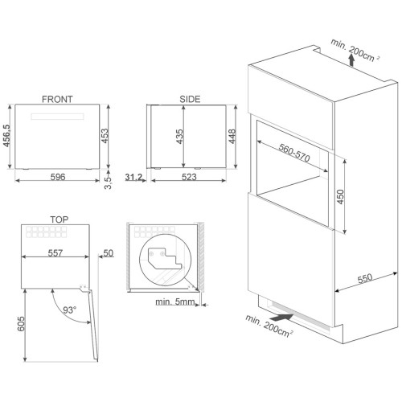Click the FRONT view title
(x=57, y=99)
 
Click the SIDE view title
(x=190, y=99)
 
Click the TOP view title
(x=59, y=219)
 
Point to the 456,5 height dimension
(x=6, y=135)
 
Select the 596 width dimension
(x=58, y=177)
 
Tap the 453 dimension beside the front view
(x=105, y=136)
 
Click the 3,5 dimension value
(x=108, y=183)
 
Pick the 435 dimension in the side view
(x=179, y=137)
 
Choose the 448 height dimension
(x=232, y=136)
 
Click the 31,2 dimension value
(x=133, y=177)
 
